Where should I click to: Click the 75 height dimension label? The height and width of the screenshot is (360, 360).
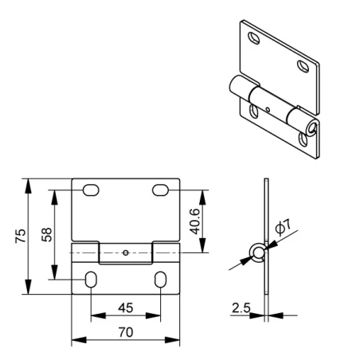21,236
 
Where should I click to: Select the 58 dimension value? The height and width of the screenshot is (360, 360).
47,234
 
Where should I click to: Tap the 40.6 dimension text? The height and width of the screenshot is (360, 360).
195,221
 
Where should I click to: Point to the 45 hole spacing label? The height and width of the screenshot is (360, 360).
126,307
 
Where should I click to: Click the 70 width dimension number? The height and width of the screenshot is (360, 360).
126,332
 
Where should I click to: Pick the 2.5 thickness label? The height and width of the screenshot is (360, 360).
241,307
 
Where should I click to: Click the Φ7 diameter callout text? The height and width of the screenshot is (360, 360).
283,227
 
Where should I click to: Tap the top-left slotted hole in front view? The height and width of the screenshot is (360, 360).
91,190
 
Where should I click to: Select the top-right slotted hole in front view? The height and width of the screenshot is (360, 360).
160,190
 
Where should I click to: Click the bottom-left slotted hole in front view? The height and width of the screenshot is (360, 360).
91,280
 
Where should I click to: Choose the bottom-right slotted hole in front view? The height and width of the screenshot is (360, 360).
160,280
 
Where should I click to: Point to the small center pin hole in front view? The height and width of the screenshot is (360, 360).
126,252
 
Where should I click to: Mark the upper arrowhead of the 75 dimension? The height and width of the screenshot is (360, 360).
28,186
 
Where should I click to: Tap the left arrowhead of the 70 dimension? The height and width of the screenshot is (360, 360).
79,340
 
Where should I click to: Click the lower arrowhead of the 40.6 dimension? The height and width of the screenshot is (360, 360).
202,245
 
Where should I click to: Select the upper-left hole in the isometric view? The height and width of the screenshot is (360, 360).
253,38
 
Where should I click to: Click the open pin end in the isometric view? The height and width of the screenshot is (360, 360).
311,128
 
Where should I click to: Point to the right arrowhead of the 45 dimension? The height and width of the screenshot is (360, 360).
153,315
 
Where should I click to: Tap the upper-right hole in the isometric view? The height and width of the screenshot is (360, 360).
303,66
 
